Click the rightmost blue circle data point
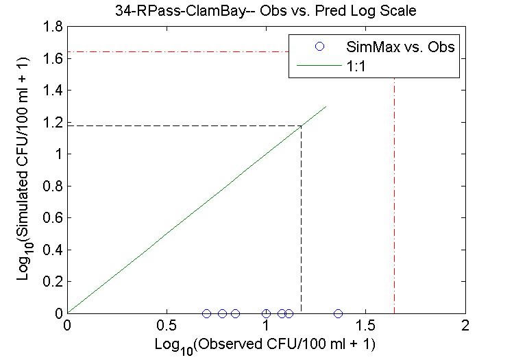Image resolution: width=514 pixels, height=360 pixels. coord(338,313)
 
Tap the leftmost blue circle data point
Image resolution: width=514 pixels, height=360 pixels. coord(206,313)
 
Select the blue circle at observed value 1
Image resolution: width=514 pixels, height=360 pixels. coord(266,313)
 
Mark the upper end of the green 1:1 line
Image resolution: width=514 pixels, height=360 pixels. coord(326,106)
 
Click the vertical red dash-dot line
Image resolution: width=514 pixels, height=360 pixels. coord(394,206)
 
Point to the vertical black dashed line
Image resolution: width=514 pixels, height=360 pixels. coord(302,219)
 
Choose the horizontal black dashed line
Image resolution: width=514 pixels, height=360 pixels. coord(185,125)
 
